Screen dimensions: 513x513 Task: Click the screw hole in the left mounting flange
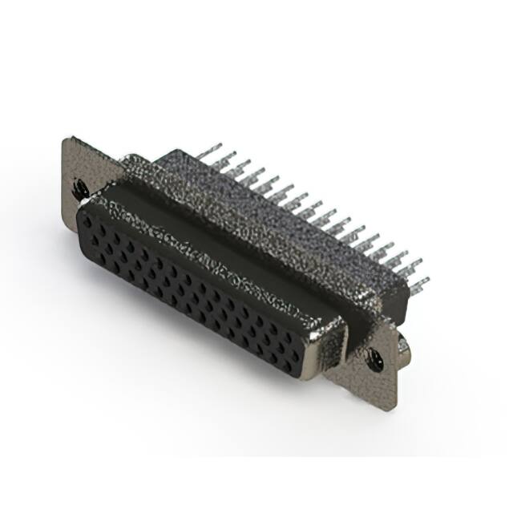tap(80, 189)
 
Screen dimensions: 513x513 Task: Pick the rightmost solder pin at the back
tap(420, 283)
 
